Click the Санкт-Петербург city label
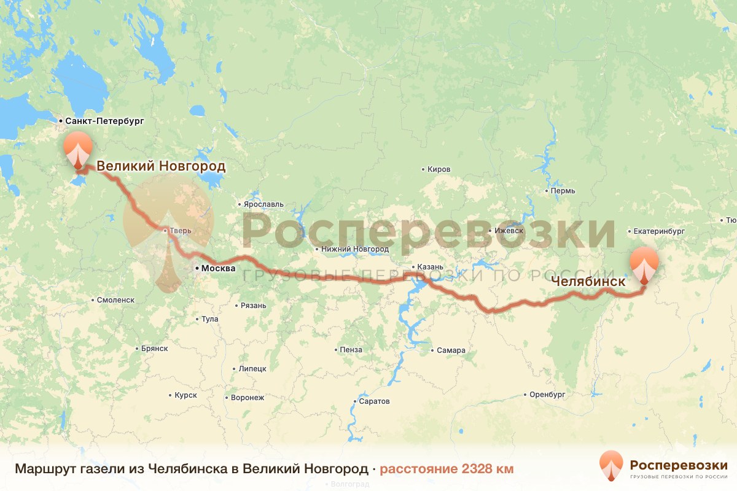pyautogui.click(x=104, y=122)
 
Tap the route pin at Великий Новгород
pyautogui.click(x=78, y=150)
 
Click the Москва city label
pyautogui.click(x=218, y=268)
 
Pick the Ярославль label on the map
pyautogui.click(x=264, y=204)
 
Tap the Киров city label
pyautogui.click(x=439, y=169)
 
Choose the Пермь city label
pyautogui.click(x=563, y=191)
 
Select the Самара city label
pyautogui.click(x=451, y=350)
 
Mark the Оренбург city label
pyautogui.click(x=547, y=395)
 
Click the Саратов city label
pyautogui.click(x=374, y=401)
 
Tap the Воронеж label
pyautogui.click(x=248, y=398)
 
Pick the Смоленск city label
pyautogui.click(x=116, y=300)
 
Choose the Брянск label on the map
pyautogui.click(x=154, y=349)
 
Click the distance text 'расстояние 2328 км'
pyautogui.click(x=446, y=470)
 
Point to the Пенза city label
pyautogui.click(x=351, y=350)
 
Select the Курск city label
pyautogui.click(x=185, y=395)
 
